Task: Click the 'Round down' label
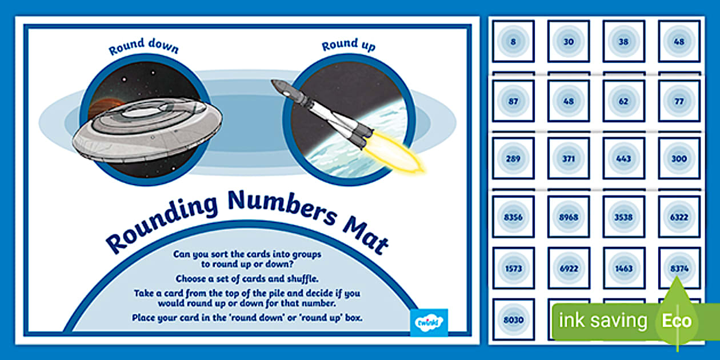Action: pos(143,48)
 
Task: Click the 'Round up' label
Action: pos(349,46)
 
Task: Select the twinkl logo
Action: pos(429,321)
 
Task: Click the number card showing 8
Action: pos(513,41)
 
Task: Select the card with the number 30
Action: pos(568,41)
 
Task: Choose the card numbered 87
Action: pos(513,101)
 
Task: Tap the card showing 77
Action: pos(679,101)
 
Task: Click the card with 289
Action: pos(513,159)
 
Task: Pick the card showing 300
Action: pos(679,159)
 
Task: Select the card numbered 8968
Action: pos(568,217)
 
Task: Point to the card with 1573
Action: pos(513,268)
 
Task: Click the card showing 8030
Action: pos(513,319)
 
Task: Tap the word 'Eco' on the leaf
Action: pos(677,321)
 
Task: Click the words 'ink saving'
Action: pos(603,321)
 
